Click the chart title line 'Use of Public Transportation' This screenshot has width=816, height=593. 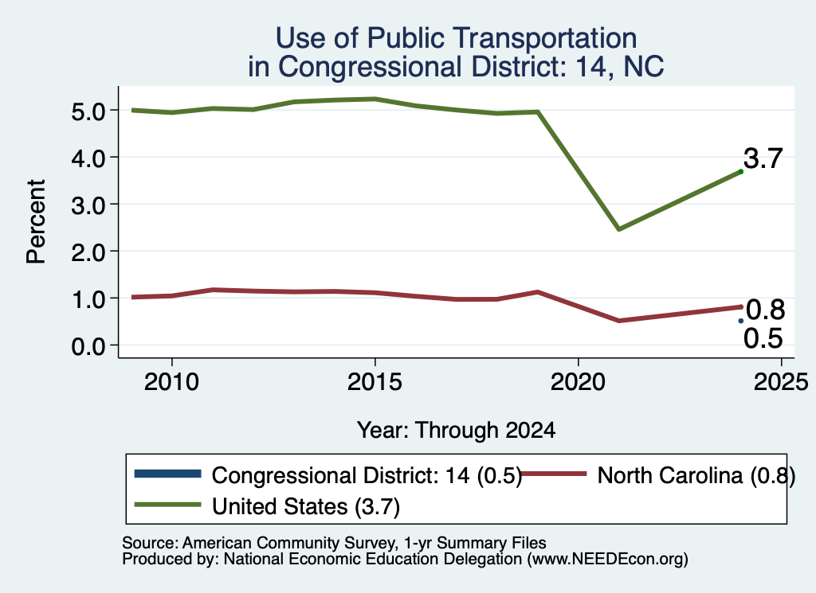pyautogui.click(x=456, y=38)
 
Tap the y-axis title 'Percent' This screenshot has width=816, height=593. pyautogui.click(x=36, y=221)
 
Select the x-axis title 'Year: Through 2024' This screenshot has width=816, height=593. pyautogui.click(x=456, y=431)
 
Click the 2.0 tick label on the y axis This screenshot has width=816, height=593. pyautogui.click(x=88, y=252)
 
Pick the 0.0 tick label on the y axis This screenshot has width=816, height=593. pyautogui.click(x=88, y=346)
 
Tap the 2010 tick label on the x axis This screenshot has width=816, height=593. pyautogui.click(x=171, y=383)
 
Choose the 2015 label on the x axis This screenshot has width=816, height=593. pyautogui.click(x=375, y=383)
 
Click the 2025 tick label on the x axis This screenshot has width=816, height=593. pyautogui.click(x=781, y=383)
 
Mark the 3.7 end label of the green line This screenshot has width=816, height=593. pyautogui.click(x=763, y=158)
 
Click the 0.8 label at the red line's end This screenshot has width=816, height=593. pyautogui.click(x=765, y=310)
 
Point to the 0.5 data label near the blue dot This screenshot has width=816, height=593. pyautogui.click(x=763, y=338)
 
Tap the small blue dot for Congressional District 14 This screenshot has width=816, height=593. pyautogui.click(x=740, y=322)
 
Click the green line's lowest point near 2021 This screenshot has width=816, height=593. pyautogui.click(x=618, y=229)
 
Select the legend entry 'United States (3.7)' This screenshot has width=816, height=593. pyautogui.click(x=305, y=507)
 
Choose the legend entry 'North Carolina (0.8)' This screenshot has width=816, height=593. pyautogui.click(x=696, y=475)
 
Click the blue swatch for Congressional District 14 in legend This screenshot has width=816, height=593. pyautogui.click(x=167, y=474)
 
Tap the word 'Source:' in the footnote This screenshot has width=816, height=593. pyautogui.click(x=151, y=543)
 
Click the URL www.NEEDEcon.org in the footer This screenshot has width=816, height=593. pyautogui.click(x=607, y=560)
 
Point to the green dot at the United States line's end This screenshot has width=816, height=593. pyautogui.click(x=740, y=171)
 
